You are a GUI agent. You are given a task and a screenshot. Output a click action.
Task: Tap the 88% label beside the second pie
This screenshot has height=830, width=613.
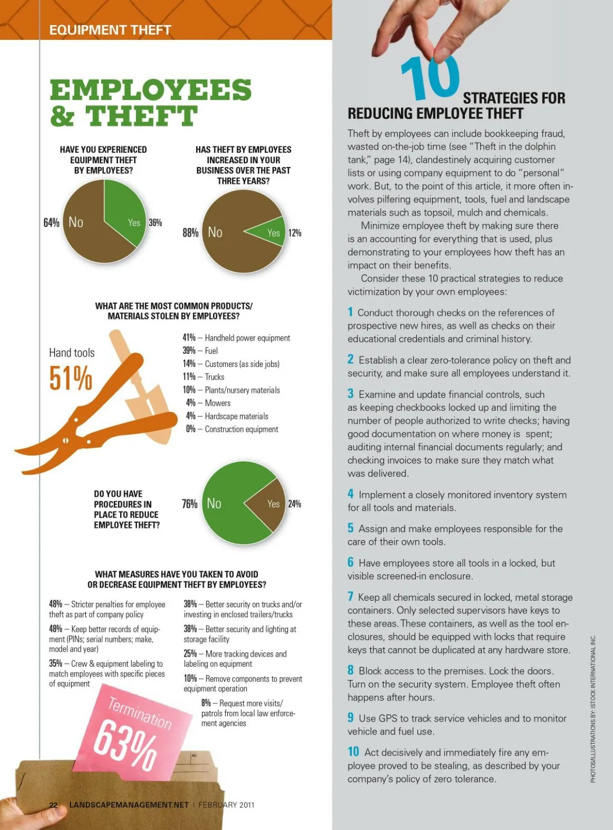(x=190, y=233)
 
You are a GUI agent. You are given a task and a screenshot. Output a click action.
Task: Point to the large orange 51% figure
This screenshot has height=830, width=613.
(x=70, y=378)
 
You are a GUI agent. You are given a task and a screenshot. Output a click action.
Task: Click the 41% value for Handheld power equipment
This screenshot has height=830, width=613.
(x=189, y=338)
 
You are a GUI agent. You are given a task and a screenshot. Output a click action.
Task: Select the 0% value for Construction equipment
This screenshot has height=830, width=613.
(x=191, y=429)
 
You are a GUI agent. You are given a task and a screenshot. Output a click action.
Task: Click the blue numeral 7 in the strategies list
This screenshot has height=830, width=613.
(x=350, y=597)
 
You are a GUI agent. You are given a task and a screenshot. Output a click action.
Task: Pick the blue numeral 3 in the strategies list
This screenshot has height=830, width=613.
(x=350, y=394)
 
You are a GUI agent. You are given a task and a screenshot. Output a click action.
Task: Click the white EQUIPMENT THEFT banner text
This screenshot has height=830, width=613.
(x=110, y=30)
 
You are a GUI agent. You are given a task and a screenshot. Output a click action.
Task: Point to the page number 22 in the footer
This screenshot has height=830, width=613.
(x=54, y=805)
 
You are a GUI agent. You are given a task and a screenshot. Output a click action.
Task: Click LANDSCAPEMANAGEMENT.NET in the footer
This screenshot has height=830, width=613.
(x=129, y=805)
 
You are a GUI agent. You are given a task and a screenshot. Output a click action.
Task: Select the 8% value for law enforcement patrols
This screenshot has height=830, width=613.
(x=206, y=703)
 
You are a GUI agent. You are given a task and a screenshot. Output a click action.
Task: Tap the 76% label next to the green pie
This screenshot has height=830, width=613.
(x=190, y=504)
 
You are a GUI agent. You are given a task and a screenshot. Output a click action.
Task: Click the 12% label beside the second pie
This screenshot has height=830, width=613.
(x=295, y=233)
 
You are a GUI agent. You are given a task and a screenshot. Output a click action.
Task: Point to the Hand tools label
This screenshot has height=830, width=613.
(x=72, y=353)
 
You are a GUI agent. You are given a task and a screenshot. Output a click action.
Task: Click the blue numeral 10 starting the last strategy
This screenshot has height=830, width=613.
(x=353, y=752)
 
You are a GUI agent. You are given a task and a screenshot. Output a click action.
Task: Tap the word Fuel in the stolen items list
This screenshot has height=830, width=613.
(x=211, y=351)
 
